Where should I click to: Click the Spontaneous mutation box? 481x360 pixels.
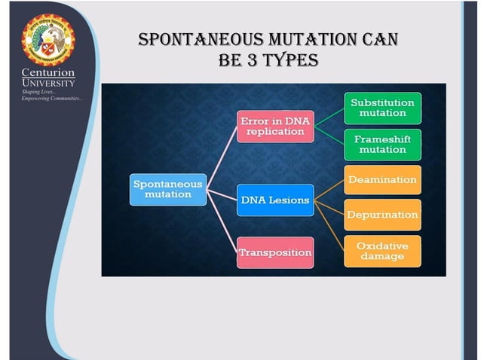coord(167,188)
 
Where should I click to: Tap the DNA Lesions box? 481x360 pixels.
coord(275,200)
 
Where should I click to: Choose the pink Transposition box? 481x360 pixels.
coord(275,252)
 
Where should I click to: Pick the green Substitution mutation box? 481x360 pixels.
coord(382,108)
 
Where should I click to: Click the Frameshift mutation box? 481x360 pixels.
coord(382,144)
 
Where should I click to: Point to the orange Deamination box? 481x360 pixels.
coord(382,180)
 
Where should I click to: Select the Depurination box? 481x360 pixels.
coord(382,215)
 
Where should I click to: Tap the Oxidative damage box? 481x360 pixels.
coord(382,252)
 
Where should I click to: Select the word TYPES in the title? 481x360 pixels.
coord(282,58)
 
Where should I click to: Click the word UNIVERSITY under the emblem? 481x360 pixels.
coord(48,83)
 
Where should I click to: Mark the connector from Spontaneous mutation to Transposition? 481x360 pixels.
coord(221,224)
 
